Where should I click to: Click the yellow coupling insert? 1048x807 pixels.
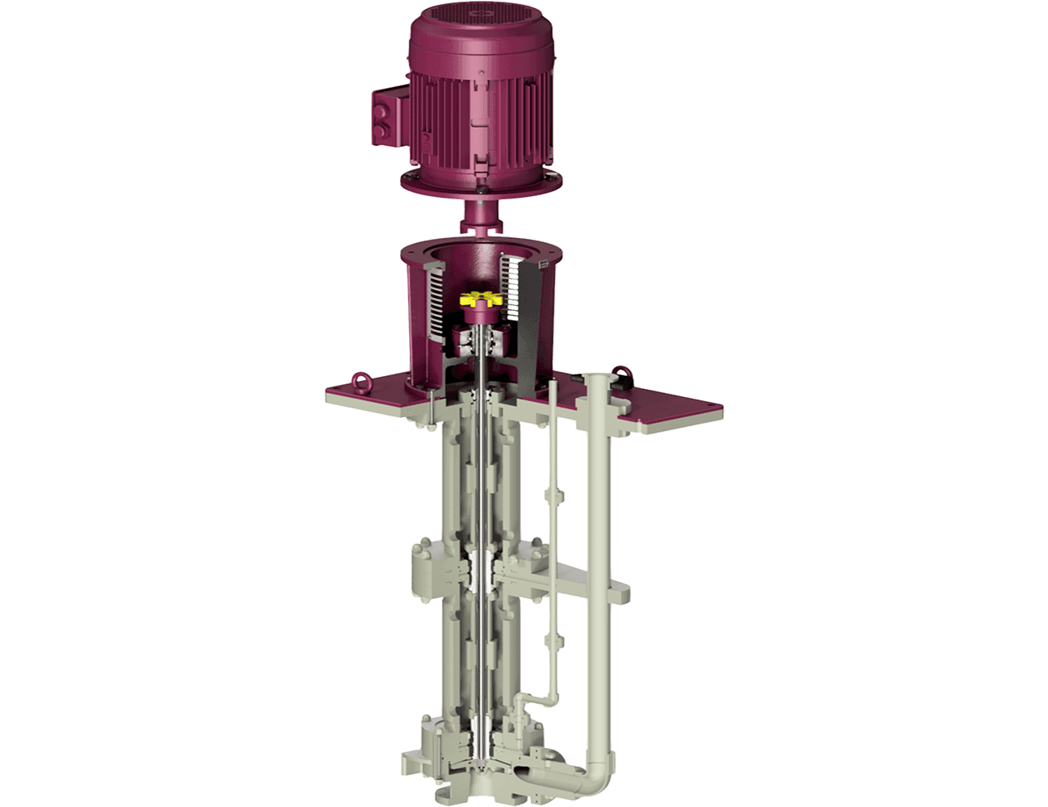click(476, 300)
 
